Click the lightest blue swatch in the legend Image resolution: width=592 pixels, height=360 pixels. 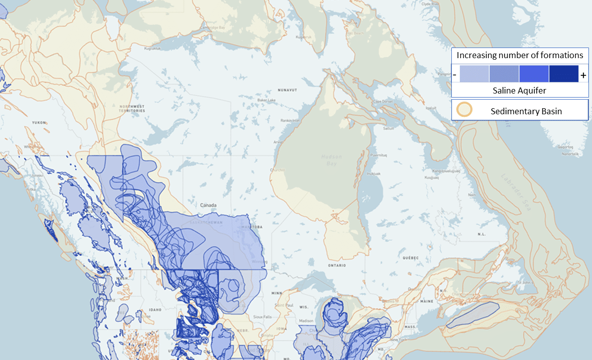(x=474, y=74)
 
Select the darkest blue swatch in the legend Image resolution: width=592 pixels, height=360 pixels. (x=564, y=74)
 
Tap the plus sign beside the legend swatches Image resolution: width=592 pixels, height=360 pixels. (x=583, y=75)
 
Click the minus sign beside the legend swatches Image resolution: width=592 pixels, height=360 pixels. (x=455, y=75)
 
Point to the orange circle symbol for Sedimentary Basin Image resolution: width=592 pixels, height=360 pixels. (x=464, y=110)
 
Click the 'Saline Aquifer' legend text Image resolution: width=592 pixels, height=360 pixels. (x=520, y=90)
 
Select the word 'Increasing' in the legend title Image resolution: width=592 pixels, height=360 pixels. (x=476, y=55)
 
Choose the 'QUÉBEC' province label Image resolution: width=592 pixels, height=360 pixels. (x=410, y=257)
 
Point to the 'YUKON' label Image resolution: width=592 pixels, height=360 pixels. (x=39, y=122)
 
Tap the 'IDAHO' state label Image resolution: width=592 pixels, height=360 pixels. (x=155, y=309)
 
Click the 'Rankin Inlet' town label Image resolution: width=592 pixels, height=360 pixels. (x=290, y=120)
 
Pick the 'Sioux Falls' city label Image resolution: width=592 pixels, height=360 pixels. (x=263, y=317)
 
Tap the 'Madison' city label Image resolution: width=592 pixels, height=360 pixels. (x=306, y=321)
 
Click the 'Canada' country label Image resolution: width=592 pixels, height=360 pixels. (x=208, y=205)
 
